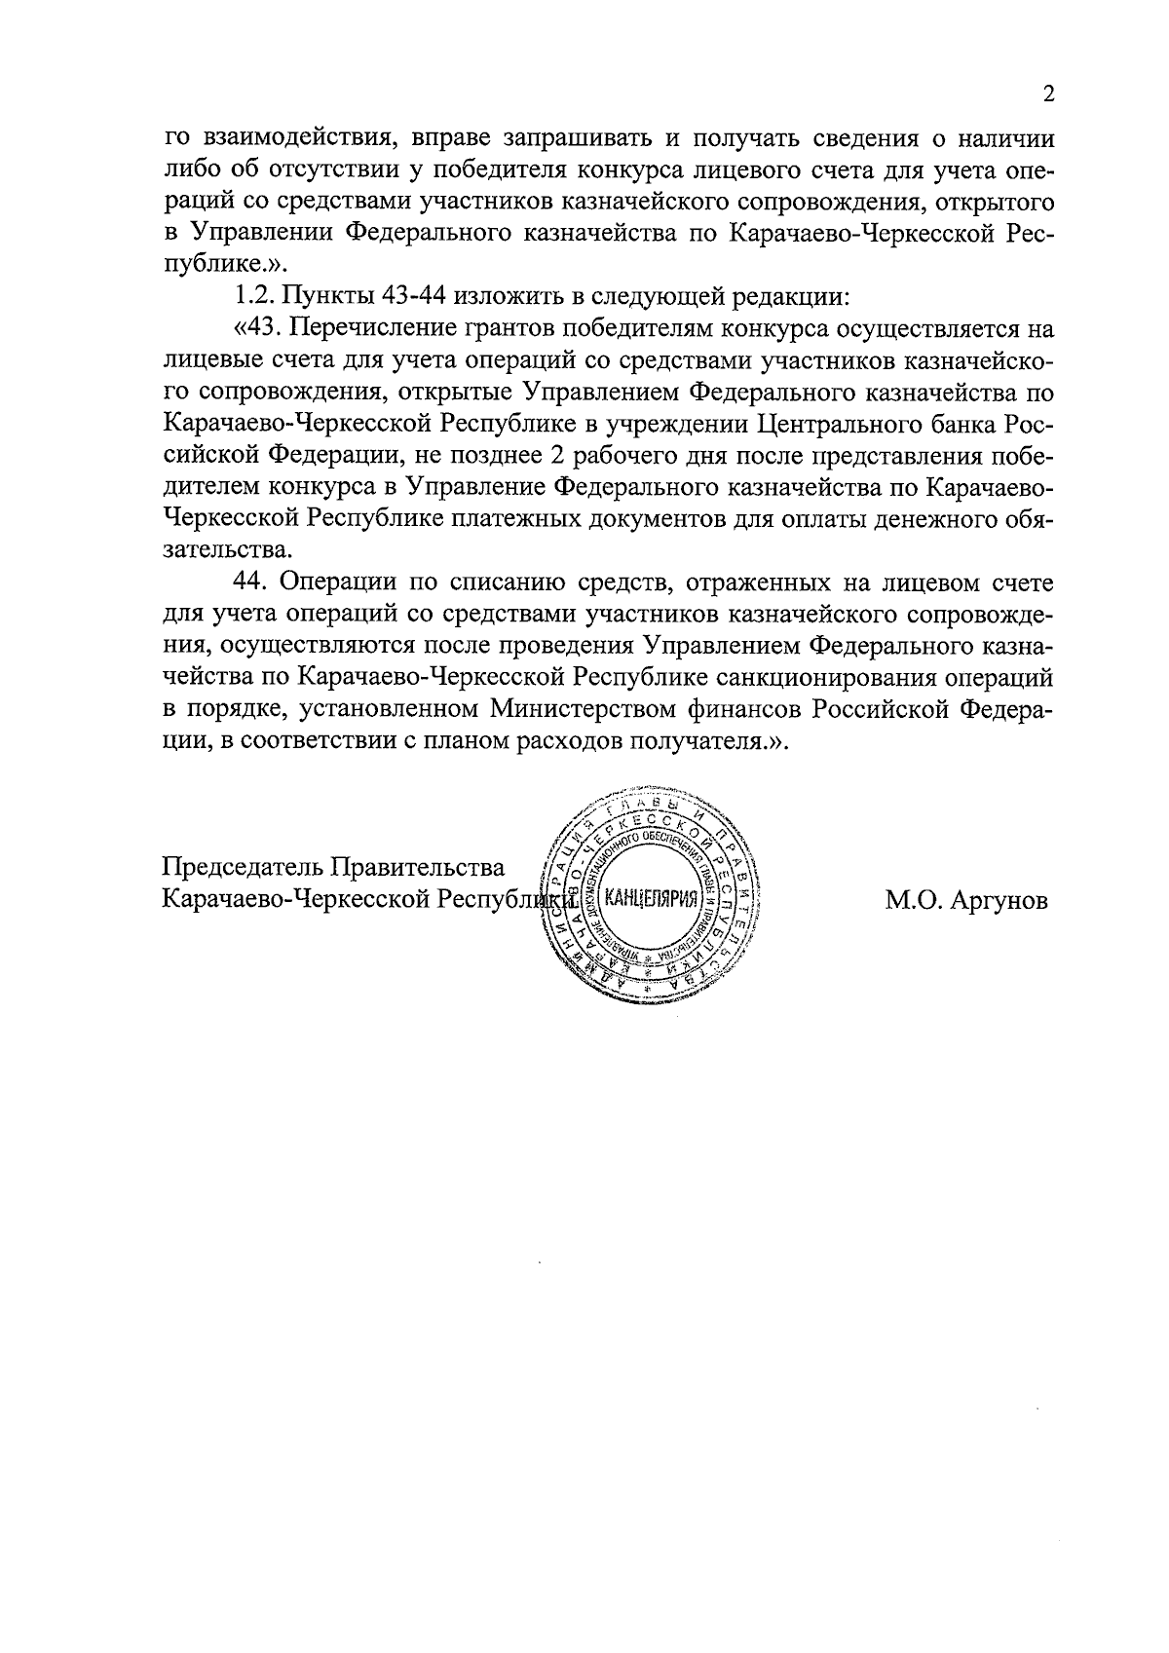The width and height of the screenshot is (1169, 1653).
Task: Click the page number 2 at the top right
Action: (1048, 94)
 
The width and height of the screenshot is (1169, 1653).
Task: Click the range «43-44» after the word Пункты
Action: (409, 297)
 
